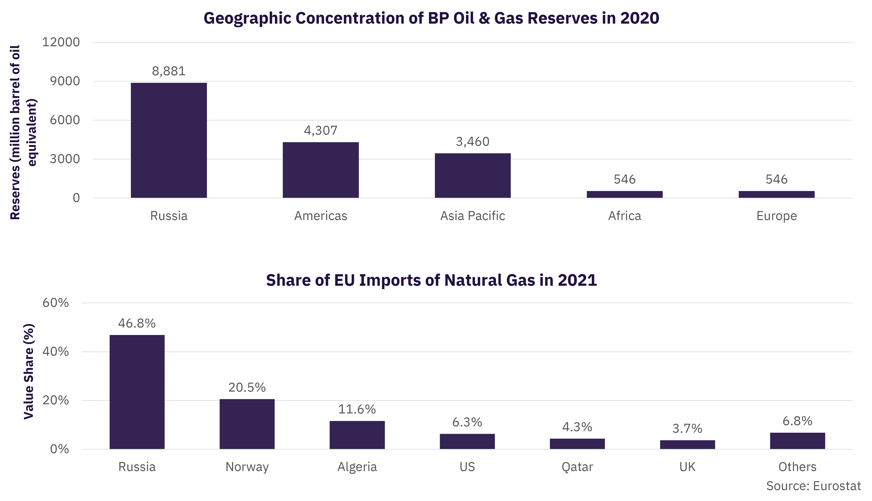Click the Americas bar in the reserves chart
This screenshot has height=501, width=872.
point(321,170)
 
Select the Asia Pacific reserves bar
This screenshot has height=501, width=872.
point(473,176)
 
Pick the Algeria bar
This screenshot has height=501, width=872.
point(357,435)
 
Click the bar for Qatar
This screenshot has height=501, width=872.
point(577,444)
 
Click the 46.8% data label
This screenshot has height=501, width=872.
point(137,323)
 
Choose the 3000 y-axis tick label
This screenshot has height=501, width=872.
point(65,159)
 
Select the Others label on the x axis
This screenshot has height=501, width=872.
point(798,467)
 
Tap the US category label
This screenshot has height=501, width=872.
point(467,467)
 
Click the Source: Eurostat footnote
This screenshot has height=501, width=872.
point(813,486)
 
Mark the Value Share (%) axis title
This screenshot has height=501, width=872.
point(29,372)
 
